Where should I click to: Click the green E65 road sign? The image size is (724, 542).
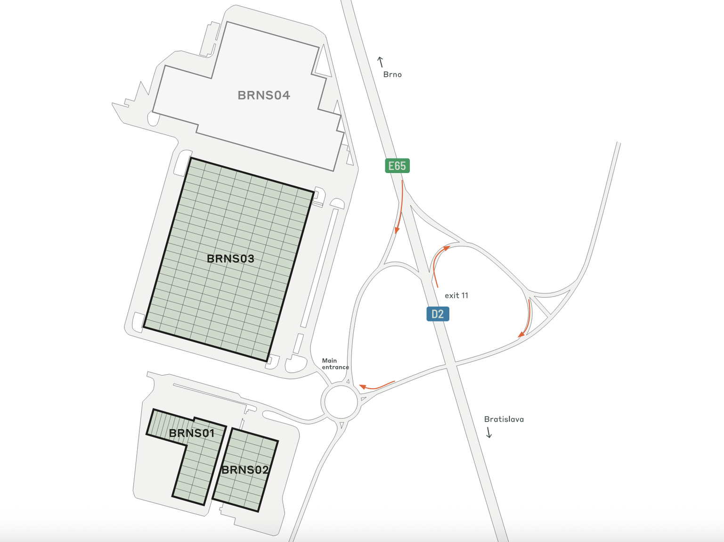[x=397, y=166]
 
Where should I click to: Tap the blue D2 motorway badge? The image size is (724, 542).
[x=438, y=314]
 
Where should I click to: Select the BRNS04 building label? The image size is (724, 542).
[x=264, y=95]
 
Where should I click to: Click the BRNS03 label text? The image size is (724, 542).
[x=230, y=258]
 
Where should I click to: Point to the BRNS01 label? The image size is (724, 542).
[x=192, y=433]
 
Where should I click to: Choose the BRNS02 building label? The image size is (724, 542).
[x=245, y=470]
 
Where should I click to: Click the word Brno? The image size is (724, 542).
[x=392, y=74]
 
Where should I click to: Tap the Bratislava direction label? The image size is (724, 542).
[x=504, y=419]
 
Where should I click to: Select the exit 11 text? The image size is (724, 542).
[x=456, y=296]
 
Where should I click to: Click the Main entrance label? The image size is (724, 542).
[x=335, y=364]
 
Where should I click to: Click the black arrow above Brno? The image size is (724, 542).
[x=381, y=62]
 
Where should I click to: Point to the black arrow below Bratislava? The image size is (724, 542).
[x=489, y=432]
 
